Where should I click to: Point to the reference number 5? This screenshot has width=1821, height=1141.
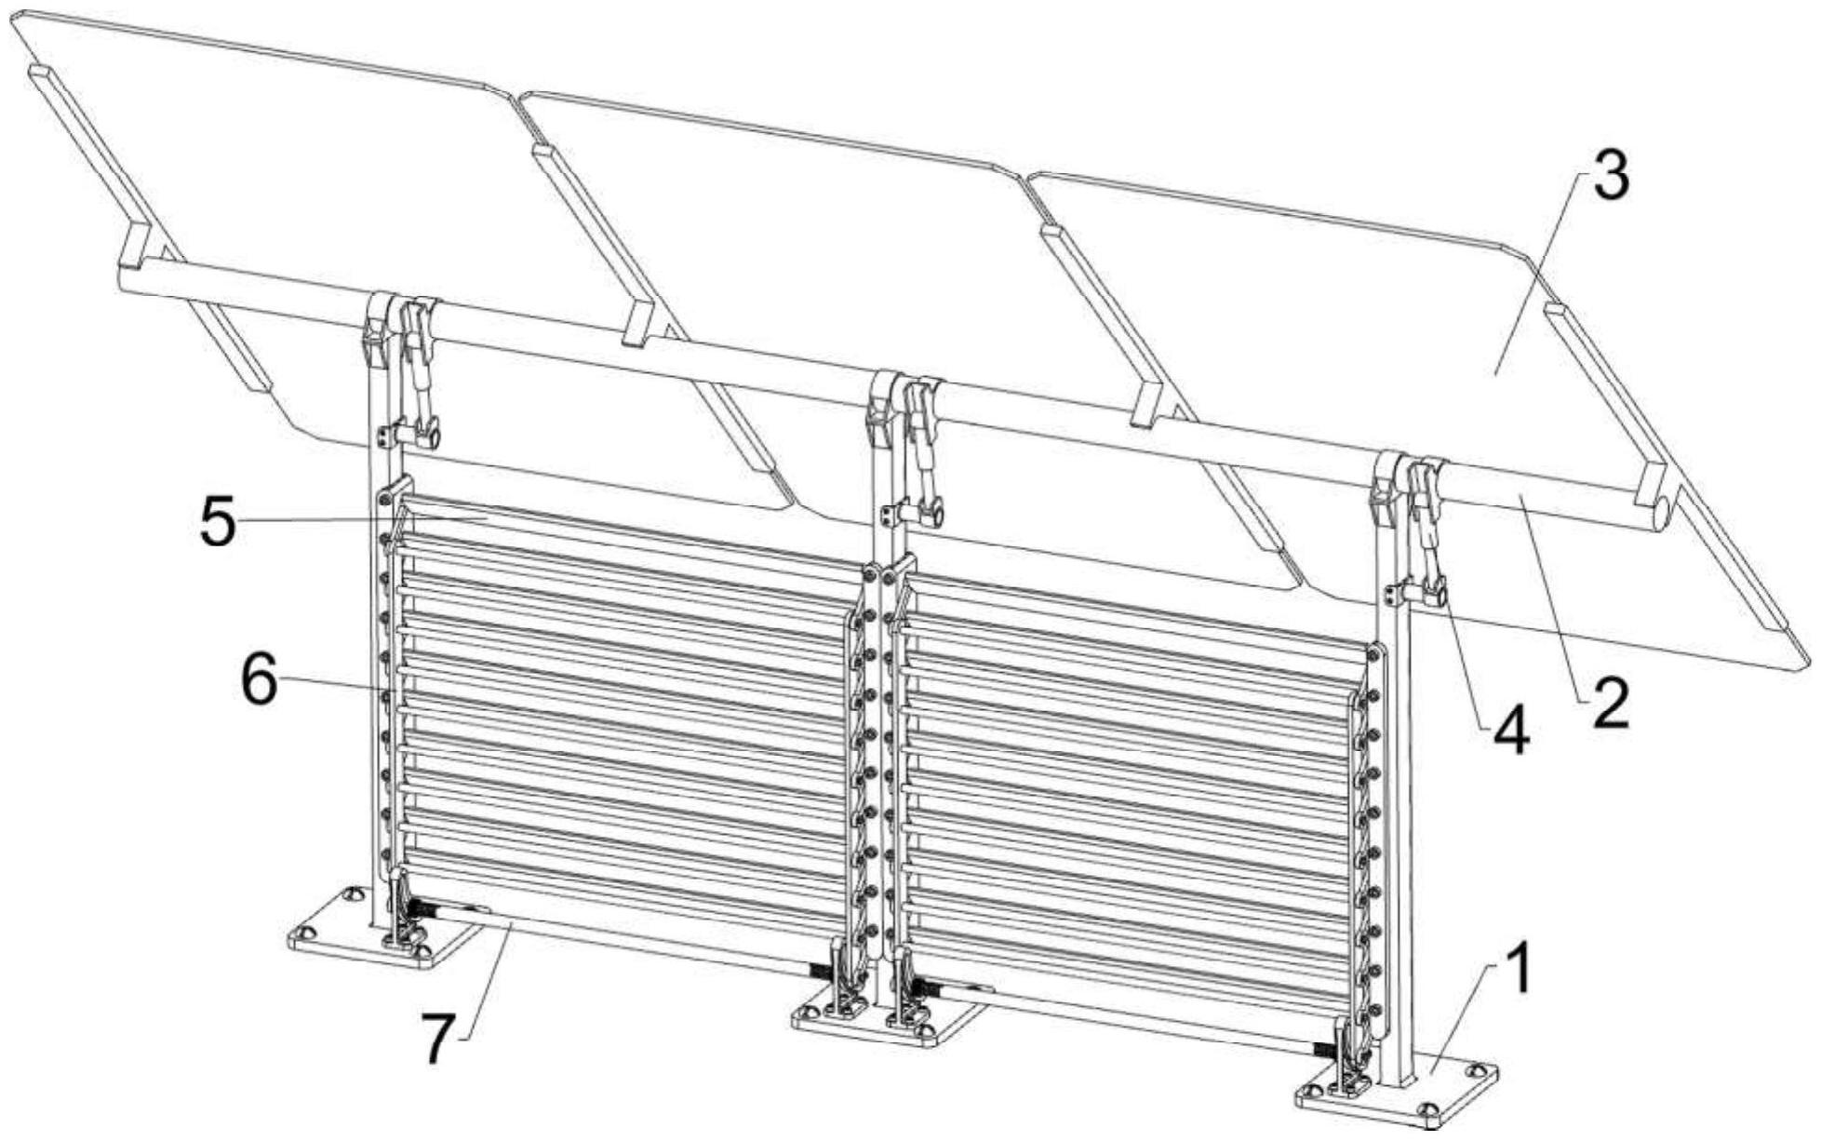pos(219,522)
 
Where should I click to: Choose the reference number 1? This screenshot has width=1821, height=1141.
pos(1518,968)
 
